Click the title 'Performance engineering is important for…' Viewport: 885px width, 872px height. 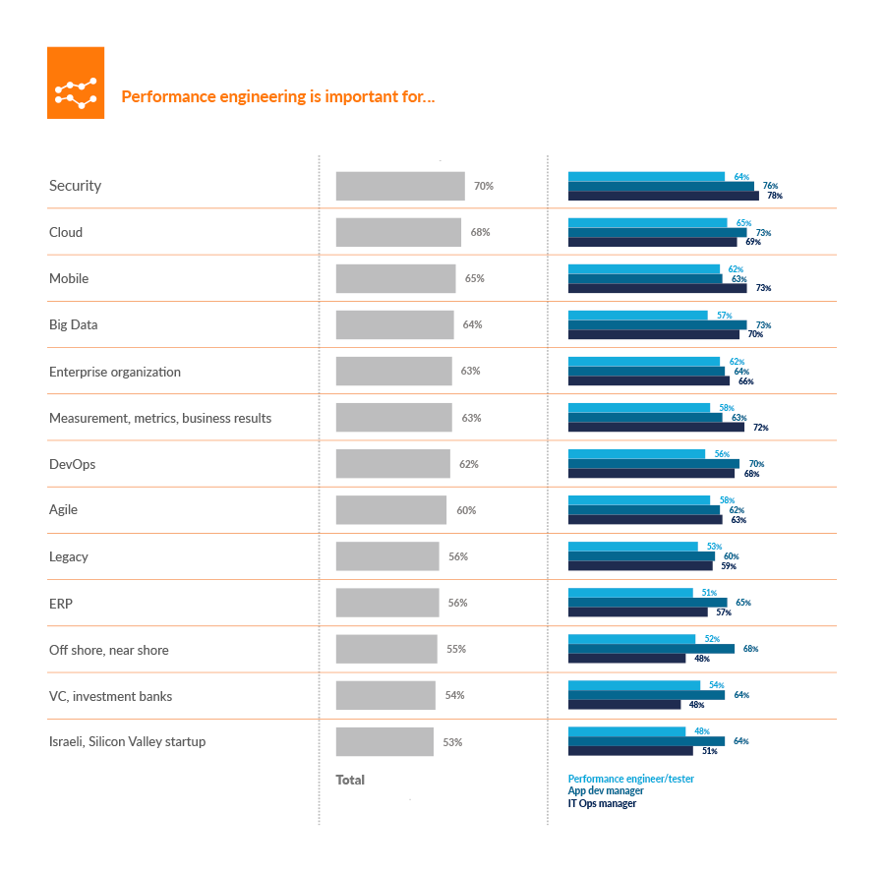pos(278,97)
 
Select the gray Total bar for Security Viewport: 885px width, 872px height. pos(400,186)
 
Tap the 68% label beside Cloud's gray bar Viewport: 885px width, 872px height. pos(480,232)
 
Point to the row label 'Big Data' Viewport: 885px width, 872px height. pos(74,324)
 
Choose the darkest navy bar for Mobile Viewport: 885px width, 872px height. pos(657,288)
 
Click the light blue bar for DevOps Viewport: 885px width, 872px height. pos(636,454)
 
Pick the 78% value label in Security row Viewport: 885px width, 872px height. pos(775,196)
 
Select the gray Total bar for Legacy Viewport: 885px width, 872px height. pos(387,556)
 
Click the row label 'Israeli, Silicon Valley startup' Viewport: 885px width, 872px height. pos(128,741)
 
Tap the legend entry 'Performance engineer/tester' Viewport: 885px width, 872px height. pos(631,779)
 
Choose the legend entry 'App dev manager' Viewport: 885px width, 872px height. pos(606,790)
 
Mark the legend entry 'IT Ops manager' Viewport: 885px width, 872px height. pos(602,803)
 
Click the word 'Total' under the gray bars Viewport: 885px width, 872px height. pos(350,780)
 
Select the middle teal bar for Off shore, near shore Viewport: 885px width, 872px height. pos(651,649)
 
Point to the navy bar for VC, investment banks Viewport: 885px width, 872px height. pos(624,705)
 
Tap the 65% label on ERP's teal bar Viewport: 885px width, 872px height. pos(742,603)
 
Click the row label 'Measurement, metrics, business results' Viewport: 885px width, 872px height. pos(160,418)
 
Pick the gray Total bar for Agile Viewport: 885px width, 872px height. pos(391,510)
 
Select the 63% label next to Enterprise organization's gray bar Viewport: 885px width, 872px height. pos(471,372)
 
